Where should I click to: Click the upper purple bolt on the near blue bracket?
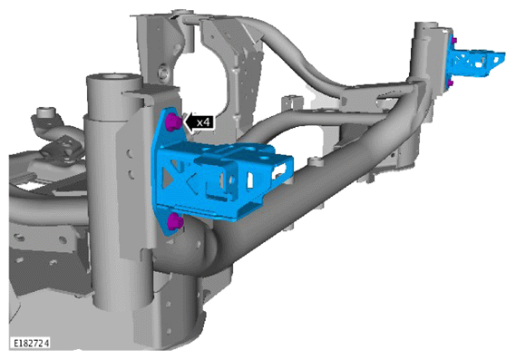click(173, 122)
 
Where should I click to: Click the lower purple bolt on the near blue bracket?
click(174, 221)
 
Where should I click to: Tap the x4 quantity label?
click(203, 122)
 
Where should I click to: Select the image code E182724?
click(31, 343)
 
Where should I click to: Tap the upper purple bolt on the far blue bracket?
click(454, 41)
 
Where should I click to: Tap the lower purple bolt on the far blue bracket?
click(451, 83)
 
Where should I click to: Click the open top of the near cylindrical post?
click(114, 78)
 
